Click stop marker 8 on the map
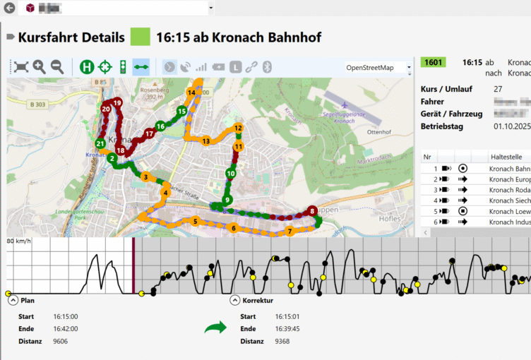click(x=312, y=211)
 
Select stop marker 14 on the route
click(x=191, y=93)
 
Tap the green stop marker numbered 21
click(x=100, y=143)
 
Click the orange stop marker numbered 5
click(x=195, y=222)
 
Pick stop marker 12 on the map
click(x=239, y=128)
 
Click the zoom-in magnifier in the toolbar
click(x=40, y=67)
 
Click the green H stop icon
click(x=87, y=67)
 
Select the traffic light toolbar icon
click(x=123, y=67)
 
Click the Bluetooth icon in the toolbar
click(x=268, y=67)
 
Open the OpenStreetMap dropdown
click(x=378, y=68)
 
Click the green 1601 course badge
click(x=433, y=62)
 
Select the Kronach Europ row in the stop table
click(x=508, y=179)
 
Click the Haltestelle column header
click(x=507, y=157)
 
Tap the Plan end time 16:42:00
click(x=66, y=329)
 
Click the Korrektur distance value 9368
click(x=282, y=342)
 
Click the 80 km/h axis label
click(x=20, y=241)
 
